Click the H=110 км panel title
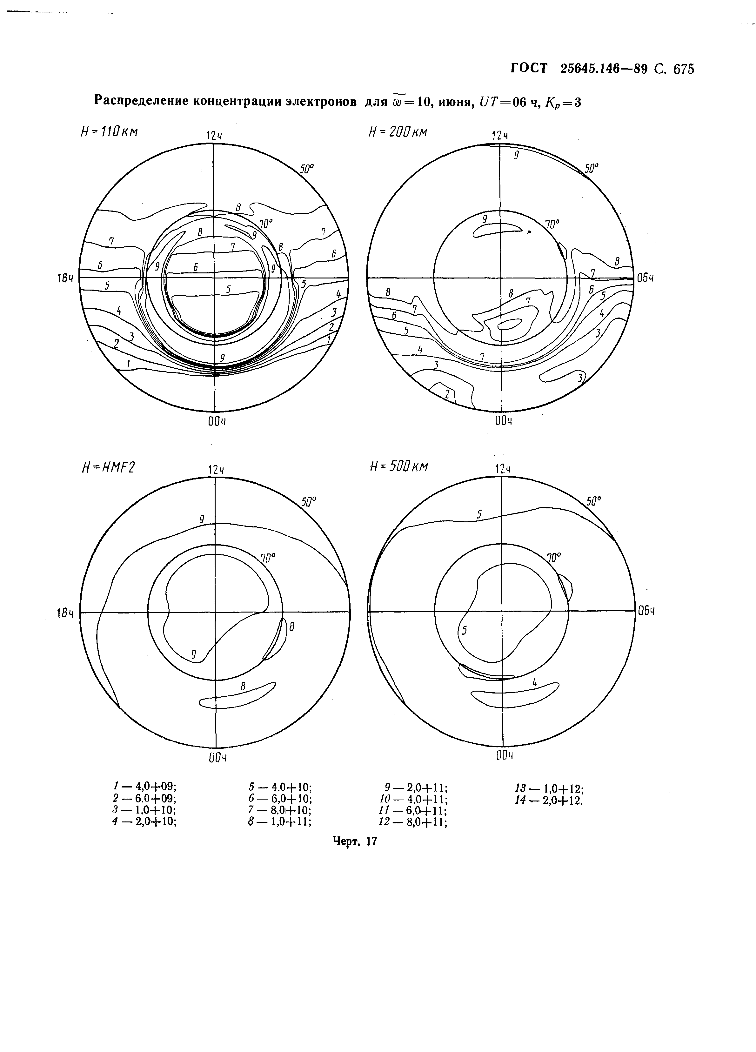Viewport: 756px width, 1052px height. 110,132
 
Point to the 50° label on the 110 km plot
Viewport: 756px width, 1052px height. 307,169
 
